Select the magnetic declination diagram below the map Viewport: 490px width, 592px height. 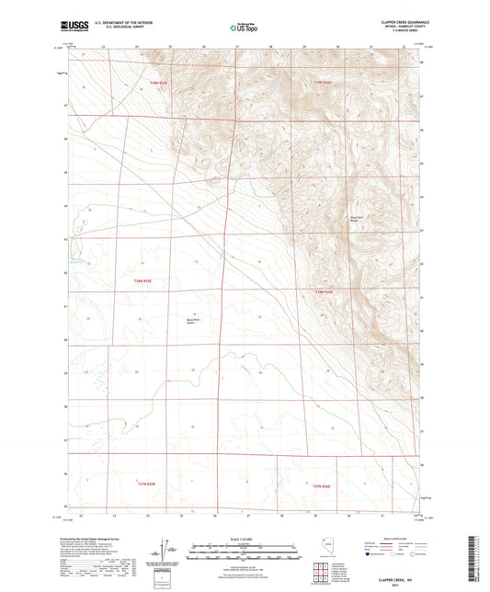(x=164, y=549)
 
